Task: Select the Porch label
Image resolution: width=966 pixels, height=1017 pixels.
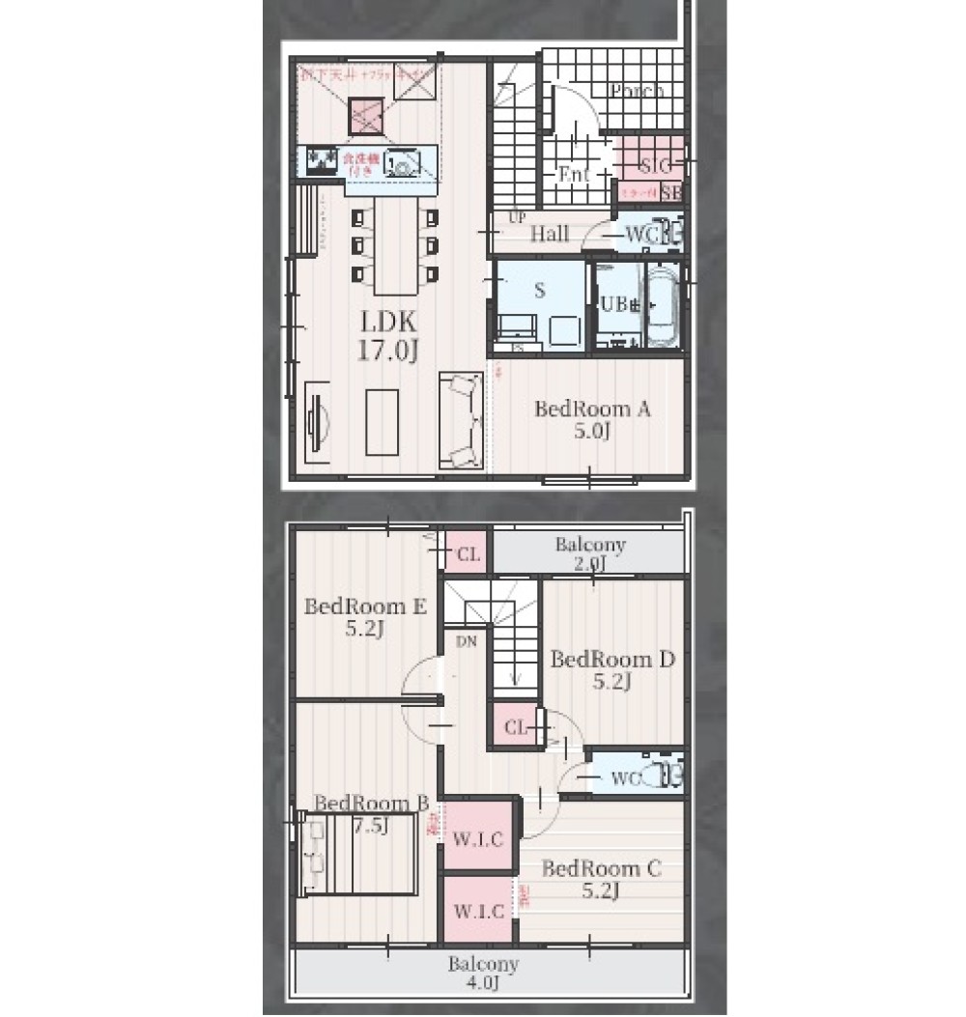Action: [x=637, y=92]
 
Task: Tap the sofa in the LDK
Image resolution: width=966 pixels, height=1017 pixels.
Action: [x=461, y=421]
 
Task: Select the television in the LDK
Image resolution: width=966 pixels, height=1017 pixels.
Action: [x=316, y=423]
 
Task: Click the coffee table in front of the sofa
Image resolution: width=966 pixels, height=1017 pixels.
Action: [x=383, y=422]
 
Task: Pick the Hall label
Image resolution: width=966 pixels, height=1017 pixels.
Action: [x=549, y=234]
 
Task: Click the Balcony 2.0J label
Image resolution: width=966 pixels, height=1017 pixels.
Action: [x=590, y=553]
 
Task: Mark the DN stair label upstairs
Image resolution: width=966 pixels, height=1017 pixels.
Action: [x=467, y=639]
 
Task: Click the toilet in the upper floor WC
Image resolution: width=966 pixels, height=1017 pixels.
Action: [x=666, y=775]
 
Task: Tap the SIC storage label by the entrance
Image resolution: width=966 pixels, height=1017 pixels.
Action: [x=657, y=165]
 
